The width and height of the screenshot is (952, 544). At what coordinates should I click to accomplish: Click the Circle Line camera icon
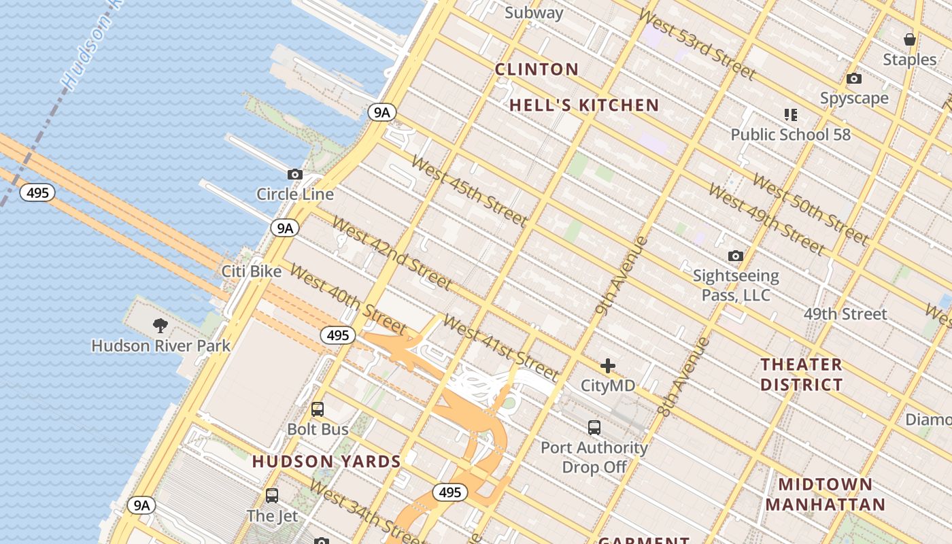tap(294, 175)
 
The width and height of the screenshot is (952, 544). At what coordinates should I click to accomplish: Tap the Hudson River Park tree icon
tap(160, 325)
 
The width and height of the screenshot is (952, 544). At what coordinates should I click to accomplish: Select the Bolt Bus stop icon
tap(318, 409)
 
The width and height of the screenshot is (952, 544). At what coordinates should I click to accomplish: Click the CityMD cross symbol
tap(608, 366)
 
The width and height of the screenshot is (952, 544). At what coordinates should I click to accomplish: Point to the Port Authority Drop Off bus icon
tap(594, 428)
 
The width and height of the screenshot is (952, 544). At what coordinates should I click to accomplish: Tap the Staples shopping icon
tap(910, 39)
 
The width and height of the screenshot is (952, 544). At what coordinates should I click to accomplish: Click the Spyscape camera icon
tap(854, 79)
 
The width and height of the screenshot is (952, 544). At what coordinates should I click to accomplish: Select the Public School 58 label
tap(790, 135)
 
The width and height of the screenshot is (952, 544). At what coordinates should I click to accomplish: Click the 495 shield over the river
tap(37, 192)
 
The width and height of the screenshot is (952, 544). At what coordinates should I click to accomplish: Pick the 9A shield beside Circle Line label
tap(284, 228)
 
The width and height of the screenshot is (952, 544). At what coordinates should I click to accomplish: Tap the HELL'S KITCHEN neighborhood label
tap(584, 105)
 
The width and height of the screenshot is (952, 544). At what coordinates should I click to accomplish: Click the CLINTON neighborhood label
tap(537, 69)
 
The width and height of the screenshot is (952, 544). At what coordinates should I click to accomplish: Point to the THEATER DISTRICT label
tap(801, 375)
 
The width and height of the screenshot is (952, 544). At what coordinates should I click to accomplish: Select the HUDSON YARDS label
tap(326, 462)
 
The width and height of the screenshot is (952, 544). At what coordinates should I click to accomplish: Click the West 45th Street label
tap(469, 191)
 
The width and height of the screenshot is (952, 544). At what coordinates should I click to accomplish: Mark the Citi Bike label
tap(252, 271)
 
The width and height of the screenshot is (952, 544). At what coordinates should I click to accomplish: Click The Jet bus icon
tap(272, 496)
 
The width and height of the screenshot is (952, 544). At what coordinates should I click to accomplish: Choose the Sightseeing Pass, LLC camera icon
tap(735, 256)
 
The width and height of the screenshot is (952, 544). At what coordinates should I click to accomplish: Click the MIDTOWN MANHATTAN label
tap(825, 494)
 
